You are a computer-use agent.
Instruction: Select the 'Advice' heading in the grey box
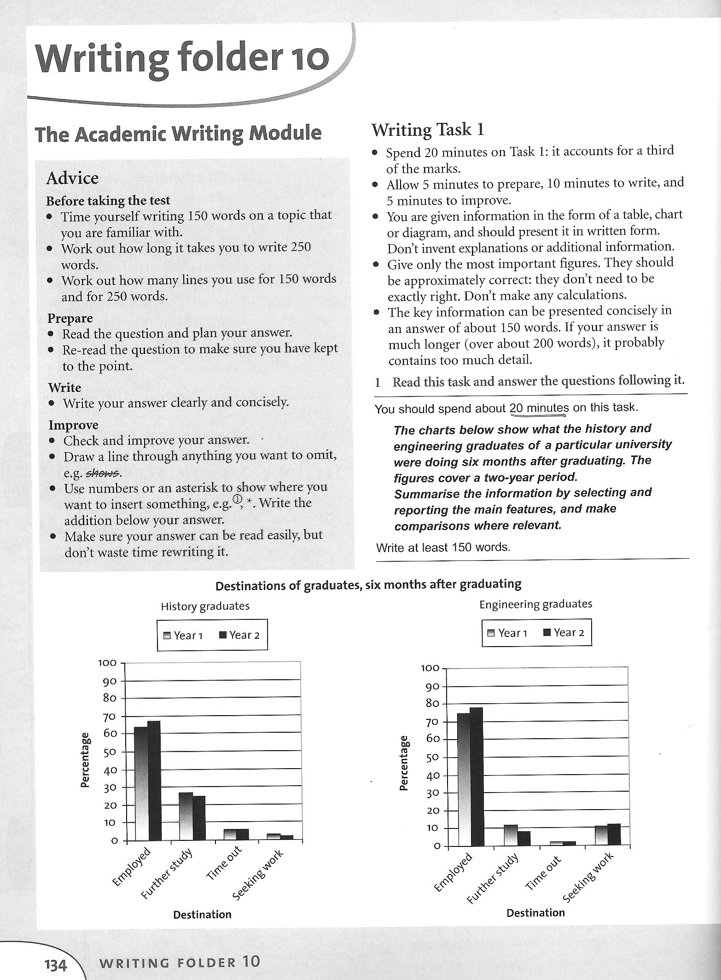tap(72, 178)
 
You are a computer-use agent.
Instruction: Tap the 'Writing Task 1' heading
tap(428, 130)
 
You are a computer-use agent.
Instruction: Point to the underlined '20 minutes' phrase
tap(539, 408)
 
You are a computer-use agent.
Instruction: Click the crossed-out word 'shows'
tap(103, 472)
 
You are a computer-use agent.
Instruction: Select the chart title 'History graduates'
tap(205, 606)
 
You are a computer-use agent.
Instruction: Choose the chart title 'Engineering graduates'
tap(536, 604)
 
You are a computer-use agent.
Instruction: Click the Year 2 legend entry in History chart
tap(239, 636)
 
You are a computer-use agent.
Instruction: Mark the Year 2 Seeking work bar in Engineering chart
tap(614, 834)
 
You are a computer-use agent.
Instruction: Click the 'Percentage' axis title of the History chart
tap(85, 760)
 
